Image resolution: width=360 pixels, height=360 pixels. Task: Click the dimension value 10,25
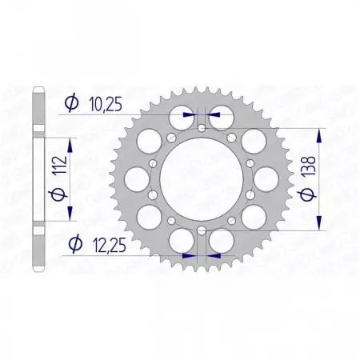(103, 102)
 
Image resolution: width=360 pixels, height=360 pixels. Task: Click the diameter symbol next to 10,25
(70, 102)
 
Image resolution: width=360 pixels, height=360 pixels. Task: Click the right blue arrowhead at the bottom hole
(214, 256)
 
